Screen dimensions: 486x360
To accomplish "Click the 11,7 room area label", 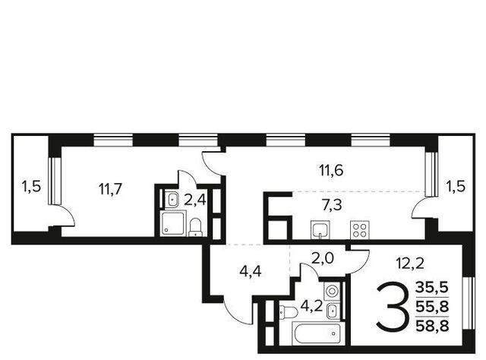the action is click(111, 189).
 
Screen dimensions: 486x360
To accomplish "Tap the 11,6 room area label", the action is click(331, 171).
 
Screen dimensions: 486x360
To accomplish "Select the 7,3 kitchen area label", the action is click(332, 205).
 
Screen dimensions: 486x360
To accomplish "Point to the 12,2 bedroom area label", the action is click(410, 264).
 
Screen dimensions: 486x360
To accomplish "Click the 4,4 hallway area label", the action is click(251, 271).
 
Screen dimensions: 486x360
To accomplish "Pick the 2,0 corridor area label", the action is click(322, 258).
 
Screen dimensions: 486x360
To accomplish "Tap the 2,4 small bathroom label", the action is click(195, 201).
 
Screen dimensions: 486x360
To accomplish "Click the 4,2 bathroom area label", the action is click(312, 306).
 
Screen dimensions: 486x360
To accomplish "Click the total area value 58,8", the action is click(432, 326).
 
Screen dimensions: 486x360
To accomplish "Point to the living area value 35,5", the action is click(432, 288).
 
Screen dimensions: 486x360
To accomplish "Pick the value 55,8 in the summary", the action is click(432, 307).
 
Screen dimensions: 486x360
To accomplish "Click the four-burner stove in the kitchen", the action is click(360, 230).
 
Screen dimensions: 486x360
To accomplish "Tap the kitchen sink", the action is click(320, 230).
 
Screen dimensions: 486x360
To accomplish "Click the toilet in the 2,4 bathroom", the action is click(195, 228).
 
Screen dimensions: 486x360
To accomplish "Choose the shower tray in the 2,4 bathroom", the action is click(173, 223).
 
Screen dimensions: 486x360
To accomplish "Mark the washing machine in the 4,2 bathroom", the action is click(332, 292).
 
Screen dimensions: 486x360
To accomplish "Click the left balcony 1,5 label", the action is click(31, 187).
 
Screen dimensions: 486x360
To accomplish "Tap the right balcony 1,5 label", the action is click(456, 187).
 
